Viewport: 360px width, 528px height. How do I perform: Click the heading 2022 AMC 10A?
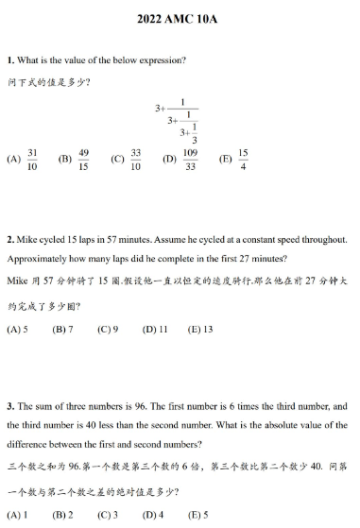click(x=180, y=18)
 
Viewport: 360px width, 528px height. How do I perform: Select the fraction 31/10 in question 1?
click(x=33, y=159)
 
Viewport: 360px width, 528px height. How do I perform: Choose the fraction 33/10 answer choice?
click(x=136, y=159)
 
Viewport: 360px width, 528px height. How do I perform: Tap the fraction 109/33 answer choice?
click(x=190, y=159)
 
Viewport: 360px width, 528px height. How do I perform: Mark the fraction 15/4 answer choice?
click(x=243, y=159)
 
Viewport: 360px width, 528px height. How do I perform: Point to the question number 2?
click(x=9, y=241)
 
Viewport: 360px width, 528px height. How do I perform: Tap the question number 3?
click(x=9, y=405)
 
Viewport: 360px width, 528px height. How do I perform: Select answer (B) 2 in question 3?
click(x=62, y=515)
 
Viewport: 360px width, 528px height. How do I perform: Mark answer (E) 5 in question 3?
click(x=197, y=515)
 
